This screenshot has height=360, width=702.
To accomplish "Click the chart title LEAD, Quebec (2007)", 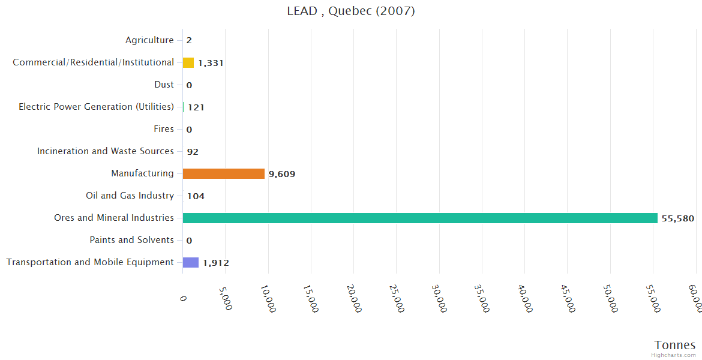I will pyautogui.click(x=351, y=11).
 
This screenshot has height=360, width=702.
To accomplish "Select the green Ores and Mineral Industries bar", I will pyautogui.click(x=420, y=218).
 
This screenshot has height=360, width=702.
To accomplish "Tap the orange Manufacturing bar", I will pyautogui.click(x=223, y=173).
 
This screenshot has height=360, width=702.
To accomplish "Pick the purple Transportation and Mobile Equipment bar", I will pyautogui.click(x=191, y=262).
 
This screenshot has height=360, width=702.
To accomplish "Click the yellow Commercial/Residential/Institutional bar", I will pyautogui.click(x=188, y=62).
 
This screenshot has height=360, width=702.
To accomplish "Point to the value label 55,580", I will pyautogui.click(x=678, y=218).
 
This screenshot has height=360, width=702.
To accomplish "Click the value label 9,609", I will pyautogui.click(x=282, y=174).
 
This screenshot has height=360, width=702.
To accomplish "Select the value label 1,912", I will pyautogui.click(x=216, y=263).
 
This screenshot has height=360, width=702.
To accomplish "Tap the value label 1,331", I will pyautogui.click(x=211, y=63).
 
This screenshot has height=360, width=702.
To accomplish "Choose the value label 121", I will pyautogui.click(x=196, y=107).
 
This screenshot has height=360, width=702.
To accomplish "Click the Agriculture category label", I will pyautogui.click(x=149, y=40).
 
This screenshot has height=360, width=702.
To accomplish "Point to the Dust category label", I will pyautogui.click(x=164, y=85).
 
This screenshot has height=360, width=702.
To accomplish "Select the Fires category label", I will pyautogui.click(x=164, y=129).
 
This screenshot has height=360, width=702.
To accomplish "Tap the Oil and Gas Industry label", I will pyautogui.click(x=130, y=196).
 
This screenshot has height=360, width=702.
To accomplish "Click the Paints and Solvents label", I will pyautogui.click(x=132, y=240).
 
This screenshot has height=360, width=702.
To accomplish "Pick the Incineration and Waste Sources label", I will pyautogui.click(x=106, y=151).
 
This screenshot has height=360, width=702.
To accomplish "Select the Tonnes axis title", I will pyautogui.click(x=675, y=345).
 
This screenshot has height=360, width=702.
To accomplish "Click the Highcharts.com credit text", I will pyautogui.click(x=675, y=355).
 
